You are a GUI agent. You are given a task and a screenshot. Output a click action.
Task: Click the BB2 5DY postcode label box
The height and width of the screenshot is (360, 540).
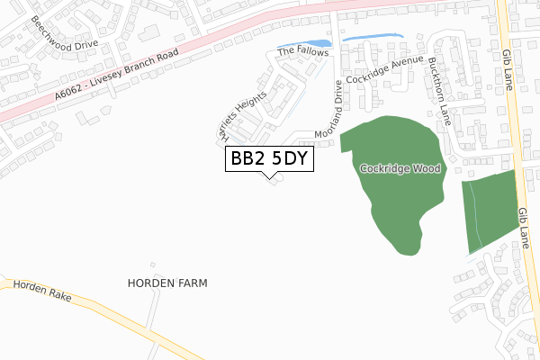pos(269,159)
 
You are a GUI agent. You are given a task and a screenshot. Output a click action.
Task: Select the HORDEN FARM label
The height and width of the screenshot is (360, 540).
pos(168,283)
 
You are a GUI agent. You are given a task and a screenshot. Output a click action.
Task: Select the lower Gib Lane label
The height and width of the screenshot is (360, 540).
pos(524,226)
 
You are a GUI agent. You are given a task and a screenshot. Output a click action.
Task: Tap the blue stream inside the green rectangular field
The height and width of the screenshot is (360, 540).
pos(476,216)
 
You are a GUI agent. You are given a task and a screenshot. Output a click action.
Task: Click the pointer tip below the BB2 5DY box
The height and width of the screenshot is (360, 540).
pos(269,177)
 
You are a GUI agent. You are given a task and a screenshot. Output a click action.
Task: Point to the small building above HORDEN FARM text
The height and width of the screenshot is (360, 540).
pos(153,265)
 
